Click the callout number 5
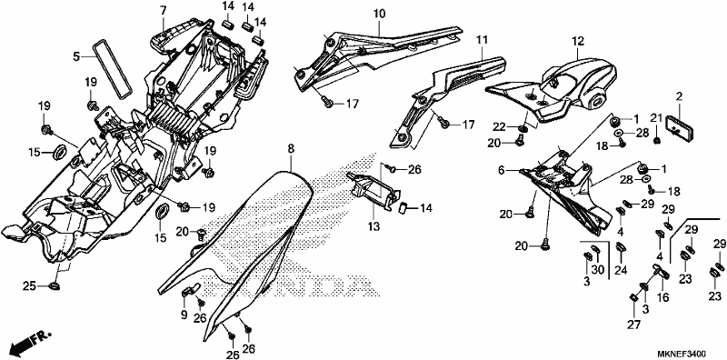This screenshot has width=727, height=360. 76,57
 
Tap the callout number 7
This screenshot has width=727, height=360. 163,10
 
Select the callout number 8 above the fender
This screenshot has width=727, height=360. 290,149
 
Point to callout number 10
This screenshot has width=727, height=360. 379,14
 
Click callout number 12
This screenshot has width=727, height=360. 577,41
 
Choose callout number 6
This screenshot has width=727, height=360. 501,171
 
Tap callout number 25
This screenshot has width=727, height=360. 29,286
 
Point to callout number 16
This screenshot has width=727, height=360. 663,297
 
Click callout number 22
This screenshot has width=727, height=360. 498,127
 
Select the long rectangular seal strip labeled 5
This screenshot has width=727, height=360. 111,70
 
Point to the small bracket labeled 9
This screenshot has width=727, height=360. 190,290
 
